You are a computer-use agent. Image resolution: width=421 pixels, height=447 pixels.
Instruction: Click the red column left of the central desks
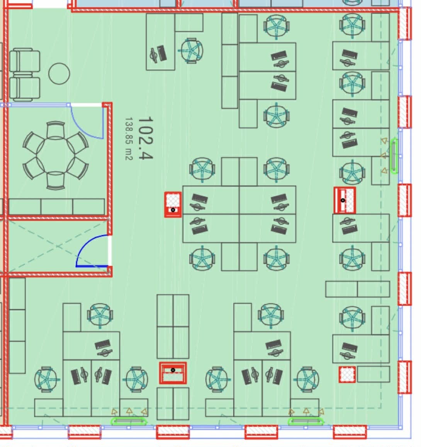tap(173, 205)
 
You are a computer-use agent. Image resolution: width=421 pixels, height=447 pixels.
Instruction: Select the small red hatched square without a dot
tap(347, 374)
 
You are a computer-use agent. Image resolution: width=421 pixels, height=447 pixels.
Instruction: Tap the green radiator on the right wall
tap(394, 156)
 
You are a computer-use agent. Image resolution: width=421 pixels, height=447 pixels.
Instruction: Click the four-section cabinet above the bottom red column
tap(173, 327)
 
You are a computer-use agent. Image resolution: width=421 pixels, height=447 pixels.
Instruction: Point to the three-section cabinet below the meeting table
tap(57, 207)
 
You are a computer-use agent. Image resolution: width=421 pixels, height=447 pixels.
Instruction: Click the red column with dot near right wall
tap(345, 200)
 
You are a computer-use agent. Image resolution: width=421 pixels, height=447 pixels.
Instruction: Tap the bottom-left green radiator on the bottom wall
tap(129, 422)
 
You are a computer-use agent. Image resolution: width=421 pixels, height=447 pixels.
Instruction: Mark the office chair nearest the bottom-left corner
tap(46, 379)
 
